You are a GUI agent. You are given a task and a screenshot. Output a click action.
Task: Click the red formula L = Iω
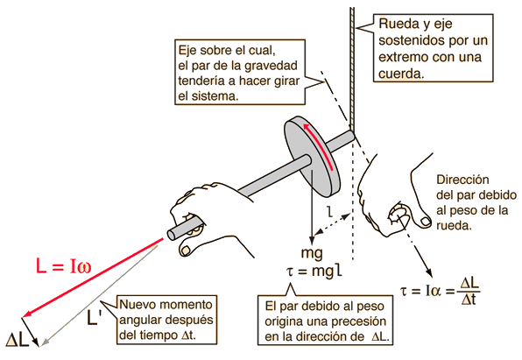tap(63, 266)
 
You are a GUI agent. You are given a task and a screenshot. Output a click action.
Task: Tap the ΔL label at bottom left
tap(18, 341)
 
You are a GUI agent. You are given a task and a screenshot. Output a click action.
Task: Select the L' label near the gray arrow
tap(93, 317)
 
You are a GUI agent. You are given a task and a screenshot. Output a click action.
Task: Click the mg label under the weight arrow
tap(312, 254)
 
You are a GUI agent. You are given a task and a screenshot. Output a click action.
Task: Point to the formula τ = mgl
tap(314, 272)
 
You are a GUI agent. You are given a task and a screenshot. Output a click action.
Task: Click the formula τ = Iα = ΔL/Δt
tap(440, 291)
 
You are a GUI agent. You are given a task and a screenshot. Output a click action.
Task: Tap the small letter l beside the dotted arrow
tap(329, 212)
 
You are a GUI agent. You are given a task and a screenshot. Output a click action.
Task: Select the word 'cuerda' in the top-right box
tap(401, 74)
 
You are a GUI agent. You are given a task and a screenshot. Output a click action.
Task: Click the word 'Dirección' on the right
tap(462, 180)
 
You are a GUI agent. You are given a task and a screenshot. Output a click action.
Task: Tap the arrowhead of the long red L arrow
tap(26, 314)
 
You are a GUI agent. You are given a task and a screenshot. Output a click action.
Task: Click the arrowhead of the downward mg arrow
tap(312, 240)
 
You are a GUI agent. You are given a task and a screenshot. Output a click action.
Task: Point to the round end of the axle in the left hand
tap(172, 235)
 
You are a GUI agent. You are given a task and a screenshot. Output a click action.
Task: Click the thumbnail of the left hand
tap(186, 249)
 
